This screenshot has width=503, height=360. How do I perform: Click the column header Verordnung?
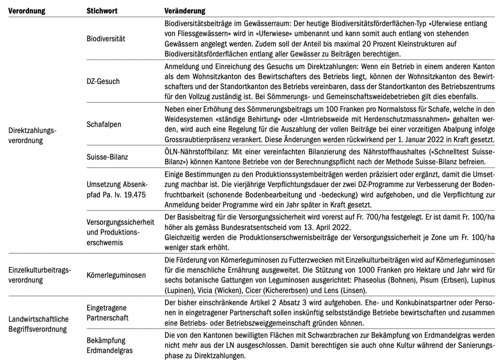(27, 11)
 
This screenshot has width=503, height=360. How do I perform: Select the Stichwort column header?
(102, 11)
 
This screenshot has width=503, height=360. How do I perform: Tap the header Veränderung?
(185, 11)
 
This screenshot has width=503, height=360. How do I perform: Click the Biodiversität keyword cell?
(106, 39)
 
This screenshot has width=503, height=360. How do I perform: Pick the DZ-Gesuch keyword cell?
(103, 81)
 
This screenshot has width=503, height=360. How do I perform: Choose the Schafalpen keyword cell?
(104, 124)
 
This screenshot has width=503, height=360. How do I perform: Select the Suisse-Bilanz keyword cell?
(107, 157)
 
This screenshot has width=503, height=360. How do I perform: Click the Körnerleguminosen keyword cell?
(116, 275)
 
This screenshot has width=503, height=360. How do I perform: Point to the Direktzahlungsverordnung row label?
(32, 135)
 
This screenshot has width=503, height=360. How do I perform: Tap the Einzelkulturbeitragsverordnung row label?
(40, 275)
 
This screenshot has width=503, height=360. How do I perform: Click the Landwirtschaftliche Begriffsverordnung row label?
(38, 324)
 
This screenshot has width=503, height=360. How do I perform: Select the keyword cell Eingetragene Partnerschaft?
(107, 313)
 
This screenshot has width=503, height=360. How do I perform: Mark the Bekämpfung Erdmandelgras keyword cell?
(109, 345)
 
